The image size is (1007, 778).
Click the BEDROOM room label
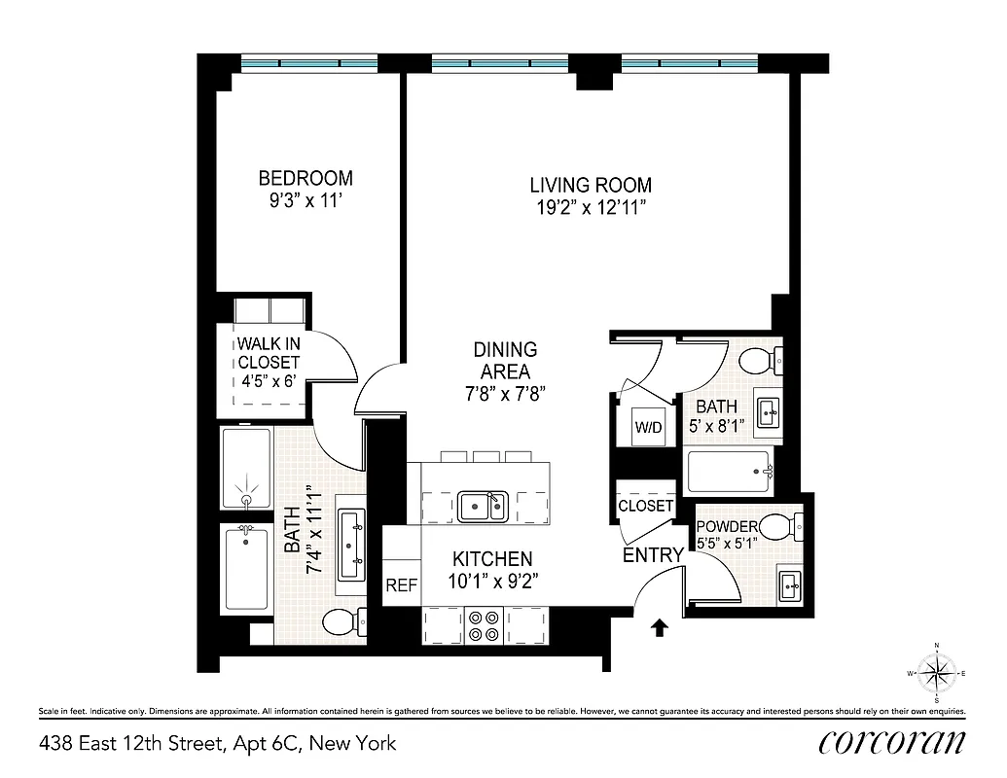(x=305, y=179)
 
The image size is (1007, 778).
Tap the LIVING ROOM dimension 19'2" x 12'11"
(x=591, y=207)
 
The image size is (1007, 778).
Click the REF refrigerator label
(x=401, y=585)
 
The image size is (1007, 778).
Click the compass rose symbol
(x=937, y=673)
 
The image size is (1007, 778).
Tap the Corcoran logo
(x=892, y=742)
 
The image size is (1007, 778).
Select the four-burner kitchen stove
(x=485, y=624)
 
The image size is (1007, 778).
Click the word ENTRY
(x=653, y=555)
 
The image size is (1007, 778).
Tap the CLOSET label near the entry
(x=645, y=506)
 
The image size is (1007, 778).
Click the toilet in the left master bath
(x=342, y=619)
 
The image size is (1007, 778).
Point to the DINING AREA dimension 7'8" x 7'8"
(x=505, y=394)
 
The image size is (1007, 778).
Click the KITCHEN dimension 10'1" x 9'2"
(x=492, y=582)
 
